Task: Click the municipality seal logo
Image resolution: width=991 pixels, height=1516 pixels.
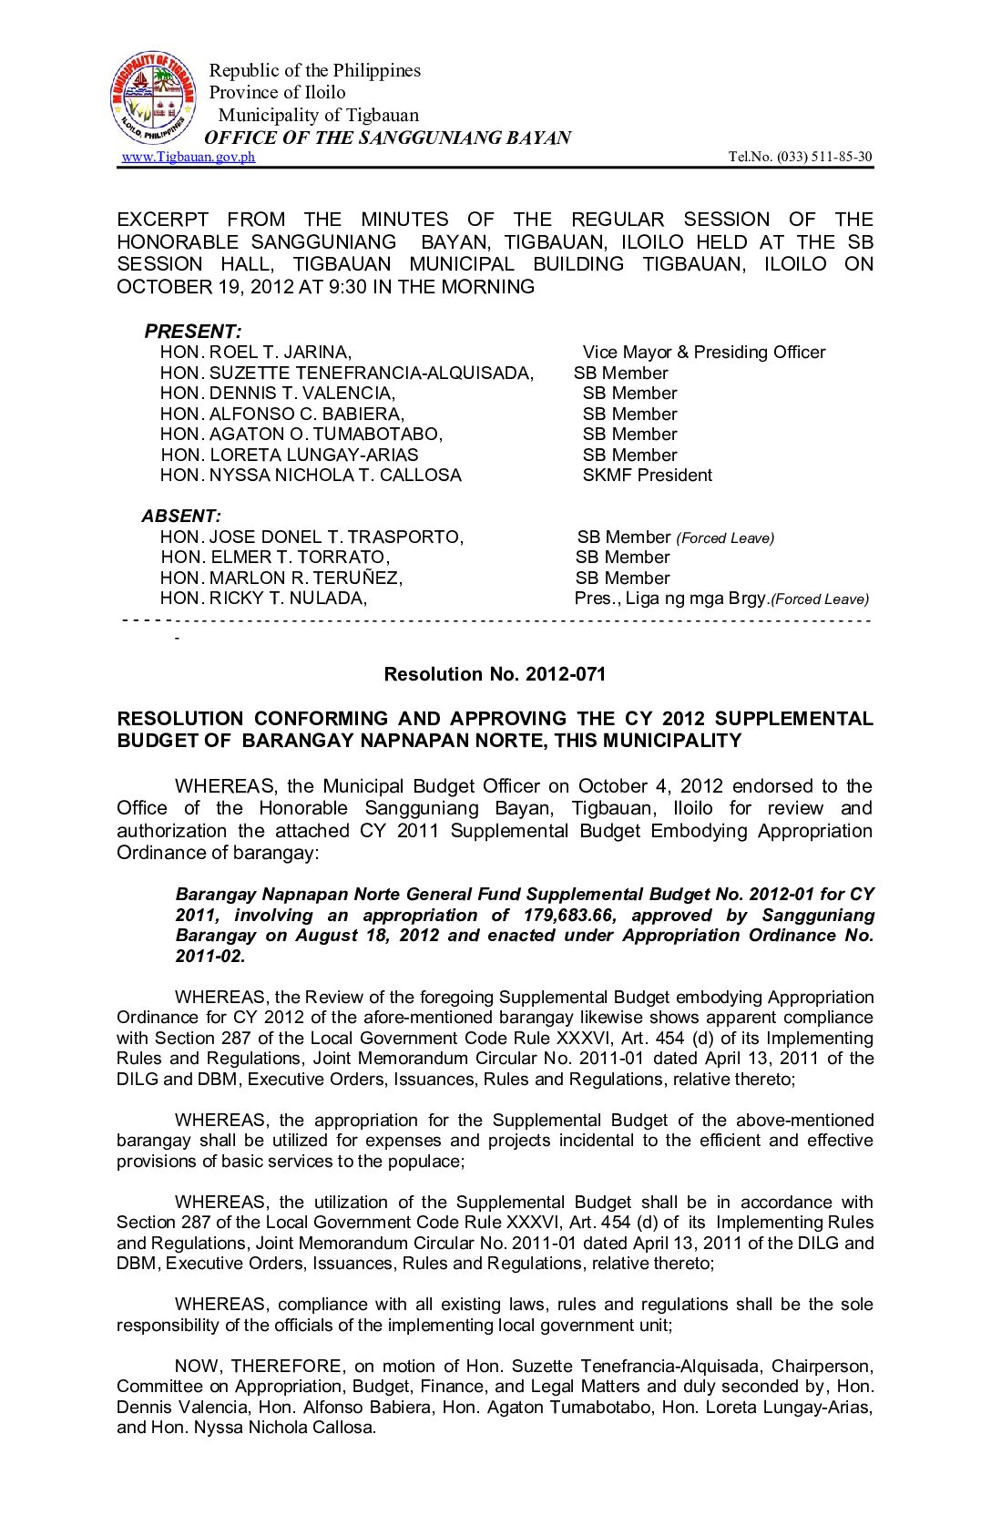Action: pyautogui.click(x=153, y=97)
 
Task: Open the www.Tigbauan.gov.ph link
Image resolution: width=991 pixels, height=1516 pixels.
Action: pyautogui.click(x=189, y=157)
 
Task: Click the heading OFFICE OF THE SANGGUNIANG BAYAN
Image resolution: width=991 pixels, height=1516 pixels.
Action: pyautogui.click(x=387, y=138)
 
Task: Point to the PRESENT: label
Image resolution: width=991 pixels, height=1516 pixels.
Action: pyautogui.click(x=193, y=331)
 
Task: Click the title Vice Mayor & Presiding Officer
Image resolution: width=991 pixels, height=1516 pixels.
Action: pyautogui.click(x=703, y=353)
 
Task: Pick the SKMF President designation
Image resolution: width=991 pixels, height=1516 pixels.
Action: pyautogui.click(x=647, y=476)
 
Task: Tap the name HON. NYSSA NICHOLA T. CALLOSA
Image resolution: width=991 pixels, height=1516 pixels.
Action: pyautogui.click(x=311, y=476)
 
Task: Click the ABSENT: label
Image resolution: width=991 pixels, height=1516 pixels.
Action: pyautogui.click(x=181, y=516)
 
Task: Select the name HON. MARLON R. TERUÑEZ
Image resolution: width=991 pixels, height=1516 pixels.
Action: pyautogui.click(x=281, y=579)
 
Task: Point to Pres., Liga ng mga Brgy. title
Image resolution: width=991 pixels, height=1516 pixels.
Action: pyautogui.click(x=670, y=599)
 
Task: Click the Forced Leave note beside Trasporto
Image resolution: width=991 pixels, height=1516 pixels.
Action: pyautogui.click(x=725, y=538)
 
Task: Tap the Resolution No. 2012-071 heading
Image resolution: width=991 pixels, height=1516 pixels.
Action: pyautogui.click(x=495, y=674)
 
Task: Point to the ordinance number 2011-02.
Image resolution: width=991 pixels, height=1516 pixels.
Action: pyautogui.click(x=210, y=957)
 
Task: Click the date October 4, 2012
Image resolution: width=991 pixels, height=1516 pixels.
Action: pyautogui.click(x=650, y=786)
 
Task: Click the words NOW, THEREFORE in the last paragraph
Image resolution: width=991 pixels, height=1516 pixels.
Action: pyautogui.click(x=259, y=1367)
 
